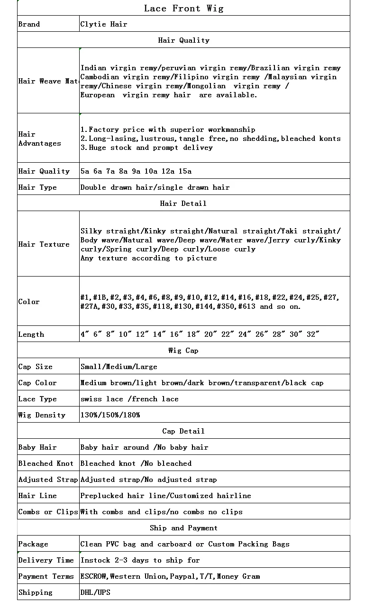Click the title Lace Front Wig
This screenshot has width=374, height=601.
click(183, 8)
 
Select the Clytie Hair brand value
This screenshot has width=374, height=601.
click(104, 24)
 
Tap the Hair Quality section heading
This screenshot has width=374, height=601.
click(183, 40)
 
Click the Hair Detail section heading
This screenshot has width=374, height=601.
click(183, 203)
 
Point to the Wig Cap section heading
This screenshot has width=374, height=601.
click(183, 351)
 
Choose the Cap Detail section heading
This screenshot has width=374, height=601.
click(183, 431)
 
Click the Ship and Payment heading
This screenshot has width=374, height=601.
click(183, 528)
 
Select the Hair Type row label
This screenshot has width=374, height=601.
click(37, 187)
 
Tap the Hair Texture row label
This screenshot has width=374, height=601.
click(44, 244)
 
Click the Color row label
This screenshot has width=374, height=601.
click(29, 302)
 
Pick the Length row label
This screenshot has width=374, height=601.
click(31, 334)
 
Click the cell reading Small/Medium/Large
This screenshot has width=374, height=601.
click(119, 367)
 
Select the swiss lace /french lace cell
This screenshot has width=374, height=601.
click(129, 399)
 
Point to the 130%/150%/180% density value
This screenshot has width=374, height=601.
click(110, 415)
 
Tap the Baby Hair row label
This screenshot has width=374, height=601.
click(37, 447)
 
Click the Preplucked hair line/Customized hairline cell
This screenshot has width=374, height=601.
click(165, 496)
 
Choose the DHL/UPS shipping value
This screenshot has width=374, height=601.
click(95, 592)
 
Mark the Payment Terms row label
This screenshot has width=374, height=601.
click(46, 576)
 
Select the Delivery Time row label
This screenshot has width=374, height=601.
click(46, 560)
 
